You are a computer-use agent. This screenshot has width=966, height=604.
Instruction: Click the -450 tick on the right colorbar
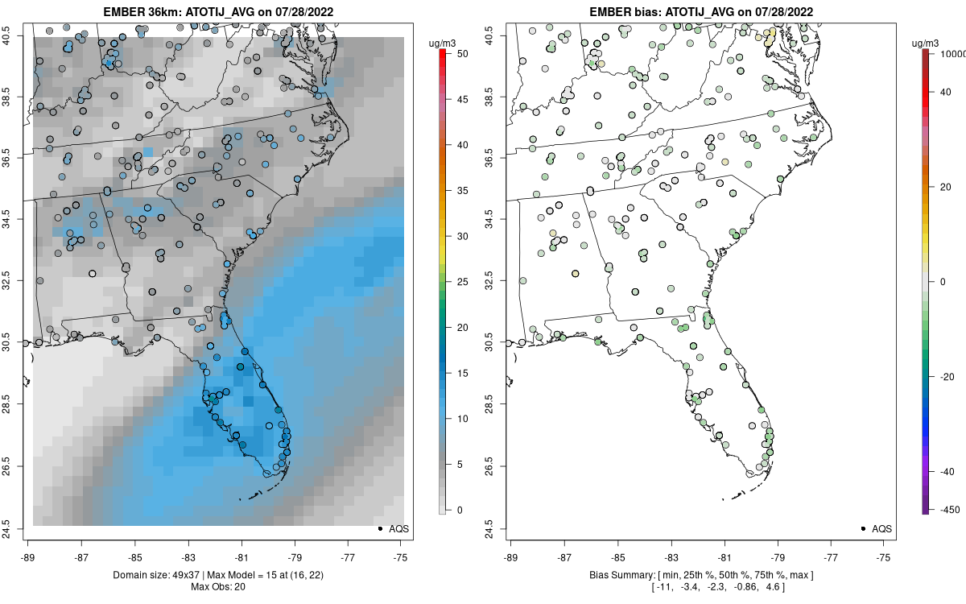click(947, 509)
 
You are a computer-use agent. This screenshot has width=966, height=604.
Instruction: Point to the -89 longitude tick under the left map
click(28, 556)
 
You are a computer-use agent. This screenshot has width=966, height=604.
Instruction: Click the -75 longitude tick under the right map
click(885, 556)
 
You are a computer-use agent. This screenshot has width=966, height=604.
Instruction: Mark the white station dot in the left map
click(93, 274)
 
